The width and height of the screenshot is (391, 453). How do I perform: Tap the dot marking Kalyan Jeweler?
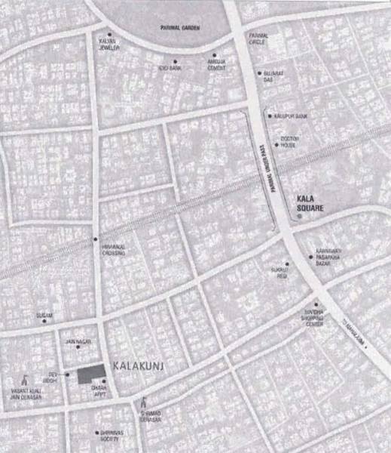pos(110,35)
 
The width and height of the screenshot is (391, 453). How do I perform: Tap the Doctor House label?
pos(290,142)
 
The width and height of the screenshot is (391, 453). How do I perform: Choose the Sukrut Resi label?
pos(280,273)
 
